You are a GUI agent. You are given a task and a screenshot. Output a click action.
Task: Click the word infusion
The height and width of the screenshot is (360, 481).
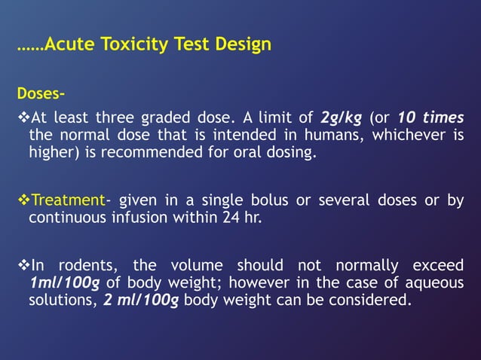coord(127,217)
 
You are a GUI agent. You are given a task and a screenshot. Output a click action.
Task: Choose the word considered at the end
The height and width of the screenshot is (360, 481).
coord(375,299)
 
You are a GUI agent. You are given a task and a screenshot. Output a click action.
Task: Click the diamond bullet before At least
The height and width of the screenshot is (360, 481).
coord(23,118)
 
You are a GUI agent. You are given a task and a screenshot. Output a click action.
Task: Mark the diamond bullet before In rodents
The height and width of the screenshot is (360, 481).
coord(23,266)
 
